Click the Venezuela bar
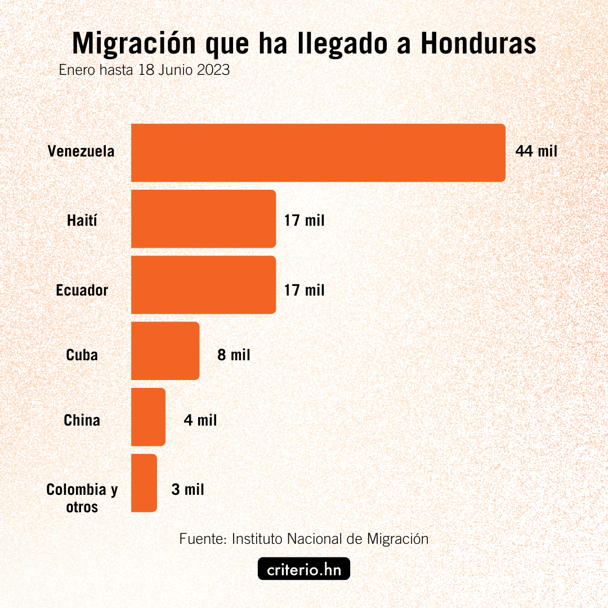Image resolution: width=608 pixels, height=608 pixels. tap(318, 153)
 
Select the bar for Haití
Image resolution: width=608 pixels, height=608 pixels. tap(203, 218)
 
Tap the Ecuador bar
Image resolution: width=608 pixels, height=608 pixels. tap(203, 284)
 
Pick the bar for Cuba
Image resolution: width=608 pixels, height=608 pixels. tap(165, 350)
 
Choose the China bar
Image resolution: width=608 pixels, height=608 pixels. tap(148, 417)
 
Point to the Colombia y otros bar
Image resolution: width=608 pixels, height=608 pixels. tap(144, 482)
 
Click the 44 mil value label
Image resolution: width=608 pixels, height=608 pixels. tap(536, 151)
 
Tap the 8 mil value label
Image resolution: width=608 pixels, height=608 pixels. tap(234, 355)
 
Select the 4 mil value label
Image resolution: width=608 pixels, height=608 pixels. tap(200, 421)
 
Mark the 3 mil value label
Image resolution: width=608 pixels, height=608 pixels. tap(187, 490)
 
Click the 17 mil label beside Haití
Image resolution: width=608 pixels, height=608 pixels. tap(305, 220)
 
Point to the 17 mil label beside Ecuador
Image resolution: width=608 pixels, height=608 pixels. tap(305, 290)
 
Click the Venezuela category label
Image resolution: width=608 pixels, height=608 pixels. tap(81, 151)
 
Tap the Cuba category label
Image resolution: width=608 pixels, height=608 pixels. tap(82, 355)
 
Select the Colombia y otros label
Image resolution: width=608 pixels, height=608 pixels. tap(82, 498)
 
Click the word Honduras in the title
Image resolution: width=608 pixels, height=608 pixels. tap(478, 43)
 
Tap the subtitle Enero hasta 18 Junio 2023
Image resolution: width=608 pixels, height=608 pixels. tap(144, 71)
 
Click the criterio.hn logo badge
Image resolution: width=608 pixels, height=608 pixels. tap(304, 569)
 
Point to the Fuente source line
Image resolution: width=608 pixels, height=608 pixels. tap(304, 539)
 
